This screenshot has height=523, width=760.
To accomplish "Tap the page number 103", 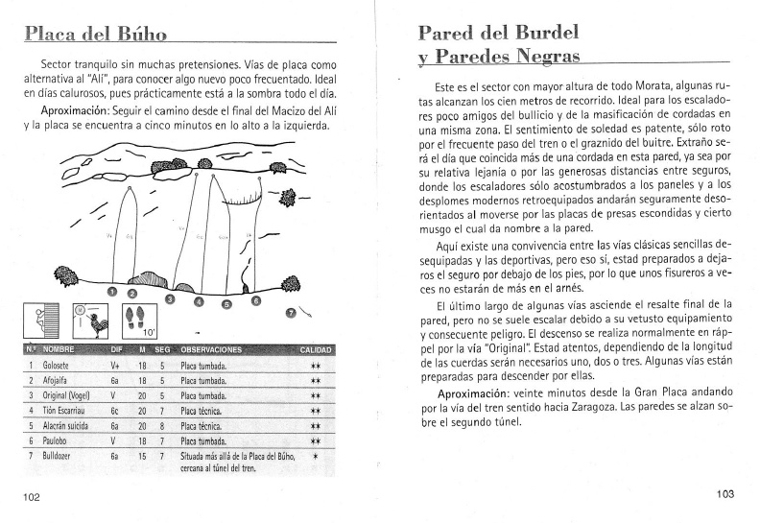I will (x=724, y=494).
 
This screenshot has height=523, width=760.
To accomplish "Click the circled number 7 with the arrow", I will (x=291, y=313).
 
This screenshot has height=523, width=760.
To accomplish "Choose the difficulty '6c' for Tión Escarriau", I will (x=114, y=410).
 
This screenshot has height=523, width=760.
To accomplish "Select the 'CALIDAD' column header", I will (x=315, y=349).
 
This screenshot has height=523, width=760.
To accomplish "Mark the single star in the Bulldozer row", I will (x=316, y=455).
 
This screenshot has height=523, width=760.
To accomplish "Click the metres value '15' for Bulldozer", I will (x=141, y=454).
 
